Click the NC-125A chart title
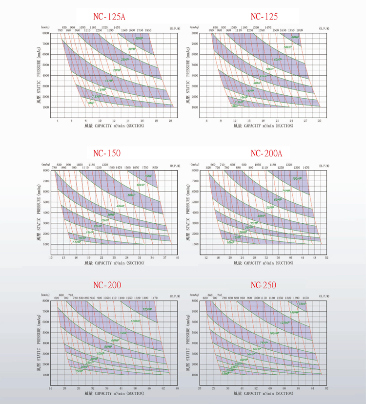click(108, 17)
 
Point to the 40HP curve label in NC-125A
click(139, 38)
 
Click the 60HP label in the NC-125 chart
click(295, 37)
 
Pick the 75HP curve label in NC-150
click(148, 176)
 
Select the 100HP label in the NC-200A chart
click(297, 179)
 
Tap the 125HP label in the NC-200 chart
click(147, 309)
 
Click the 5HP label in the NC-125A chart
click(91, 103)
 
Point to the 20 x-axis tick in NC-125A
click(170, 120)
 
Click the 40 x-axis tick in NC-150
click(177, 257)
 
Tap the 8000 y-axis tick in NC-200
click(46, 301)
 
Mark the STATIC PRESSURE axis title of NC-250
click(188, 337)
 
